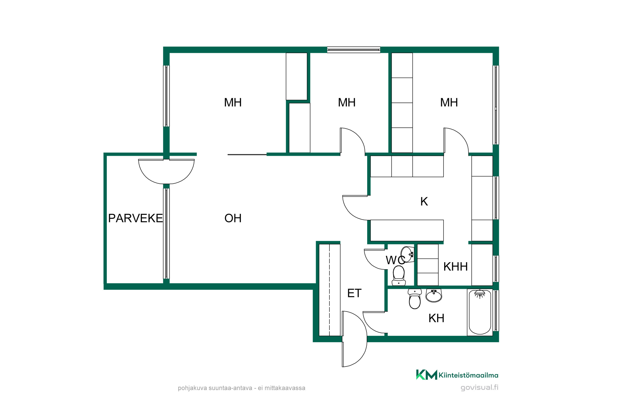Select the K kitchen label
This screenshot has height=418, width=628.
point(424,201)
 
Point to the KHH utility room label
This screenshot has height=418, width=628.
point(456,267)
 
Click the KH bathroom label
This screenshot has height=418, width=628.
point(436,318)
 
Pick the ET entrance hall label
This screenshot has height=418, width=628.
point(354,293)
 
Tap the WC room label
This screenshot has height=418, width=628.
point(395,260)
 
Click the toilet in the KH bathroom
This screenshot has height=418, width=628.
point(415,299)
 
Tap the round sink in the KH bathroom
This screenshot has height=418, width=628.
point(434,295)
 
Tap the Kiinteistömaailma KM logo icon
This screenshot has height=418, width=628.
point(426,375)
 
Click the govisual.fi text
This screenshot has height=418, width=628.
point(479,387)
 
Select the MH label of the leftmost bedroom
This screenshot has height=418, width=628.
point(233,102)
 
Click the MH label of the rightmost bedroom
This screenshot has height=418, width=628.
point(449,102)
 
